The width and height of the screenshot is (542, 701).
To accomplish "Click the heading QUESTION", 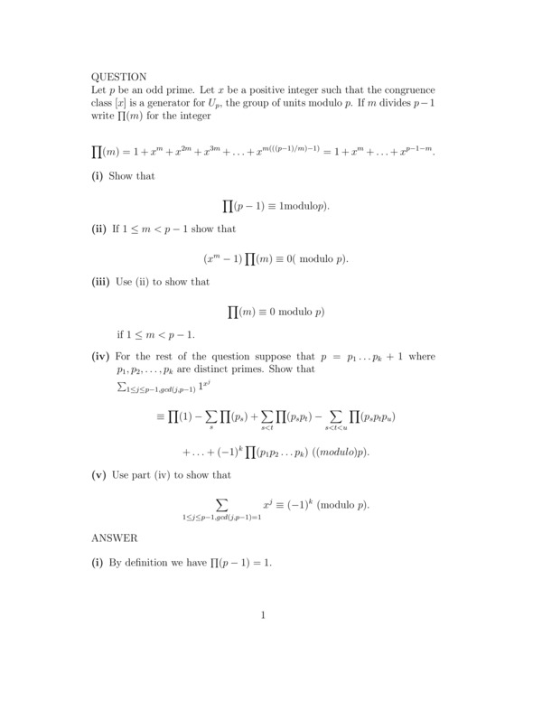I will pyautogui.click(x=119, y=77).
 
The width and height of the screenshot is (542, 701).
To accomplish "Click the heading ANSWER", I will pyautogui.click(x=115, y=537).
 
